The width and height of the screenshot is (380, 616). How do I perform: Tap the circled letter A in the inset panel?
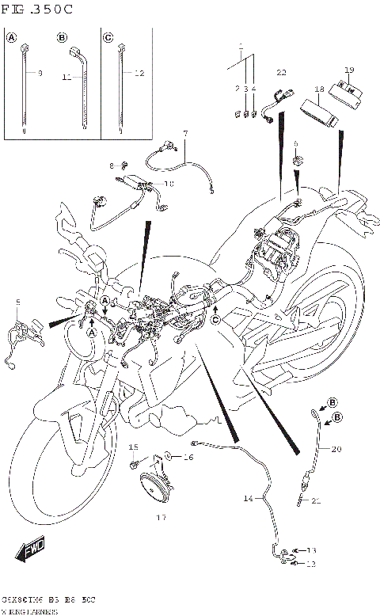[12, 37]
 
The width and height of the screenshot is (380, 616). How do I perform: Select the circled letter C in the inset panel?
[108, 37]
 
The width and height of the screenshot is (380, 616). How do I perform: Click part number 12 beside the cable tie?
[139, 74]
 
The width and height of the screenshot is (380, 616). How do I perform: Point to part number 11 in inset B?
[66, 78]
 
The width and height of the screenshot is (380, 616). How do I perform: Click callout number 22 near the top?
[281, 73]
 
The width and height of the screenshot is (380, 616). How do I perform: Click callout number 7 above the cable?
[185, 132]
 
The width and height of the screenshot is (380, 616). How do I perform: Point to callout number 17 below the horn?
[161, 519]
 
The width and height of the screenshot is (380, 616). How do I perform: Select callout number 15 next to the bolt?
[134, 447]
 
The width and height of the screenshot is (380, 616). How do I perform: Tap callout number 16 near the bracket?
[188, 458]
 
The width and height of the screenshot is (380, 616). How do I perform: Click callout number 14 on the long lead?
[248, 499]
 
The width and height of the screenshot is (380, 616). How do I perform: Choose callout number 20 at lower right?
[336, 449]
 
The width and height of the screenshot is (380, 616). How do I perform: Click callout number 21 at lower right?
[317, 500]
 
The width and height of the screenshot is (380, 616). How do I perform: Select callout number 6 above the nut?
[295, 143]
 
